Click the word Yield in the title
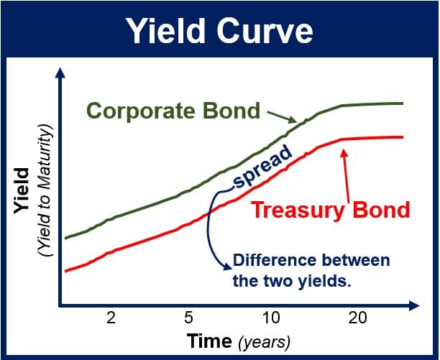tap(165, 30)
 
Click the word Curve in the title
tap(265, 31)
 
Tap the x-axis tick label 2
tap(111, 318)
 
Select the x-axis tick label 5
tap(188, 318)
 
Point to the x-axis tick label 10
tap(271, 318)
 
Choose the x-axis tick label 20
tap(357, 318)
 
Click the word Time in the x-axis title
tap(209, 341)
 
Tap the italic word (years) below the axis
tap(264, 343)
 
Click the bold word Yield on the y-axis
tap(22, 190)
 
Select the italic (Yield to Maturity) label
tap(45, 190)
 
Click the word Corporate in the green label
tap(141, 111)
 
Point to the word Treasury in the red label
tap(298, 211)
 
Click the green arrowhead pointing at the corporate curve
tap(293, 120)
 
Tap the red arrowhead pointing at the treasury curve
tap(344, 153)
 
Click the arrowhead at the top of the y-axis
tap(60, 73)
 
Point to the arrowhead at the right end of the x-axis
tap(414, 305)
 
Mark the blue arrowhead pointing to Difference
tap(227, 266)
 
